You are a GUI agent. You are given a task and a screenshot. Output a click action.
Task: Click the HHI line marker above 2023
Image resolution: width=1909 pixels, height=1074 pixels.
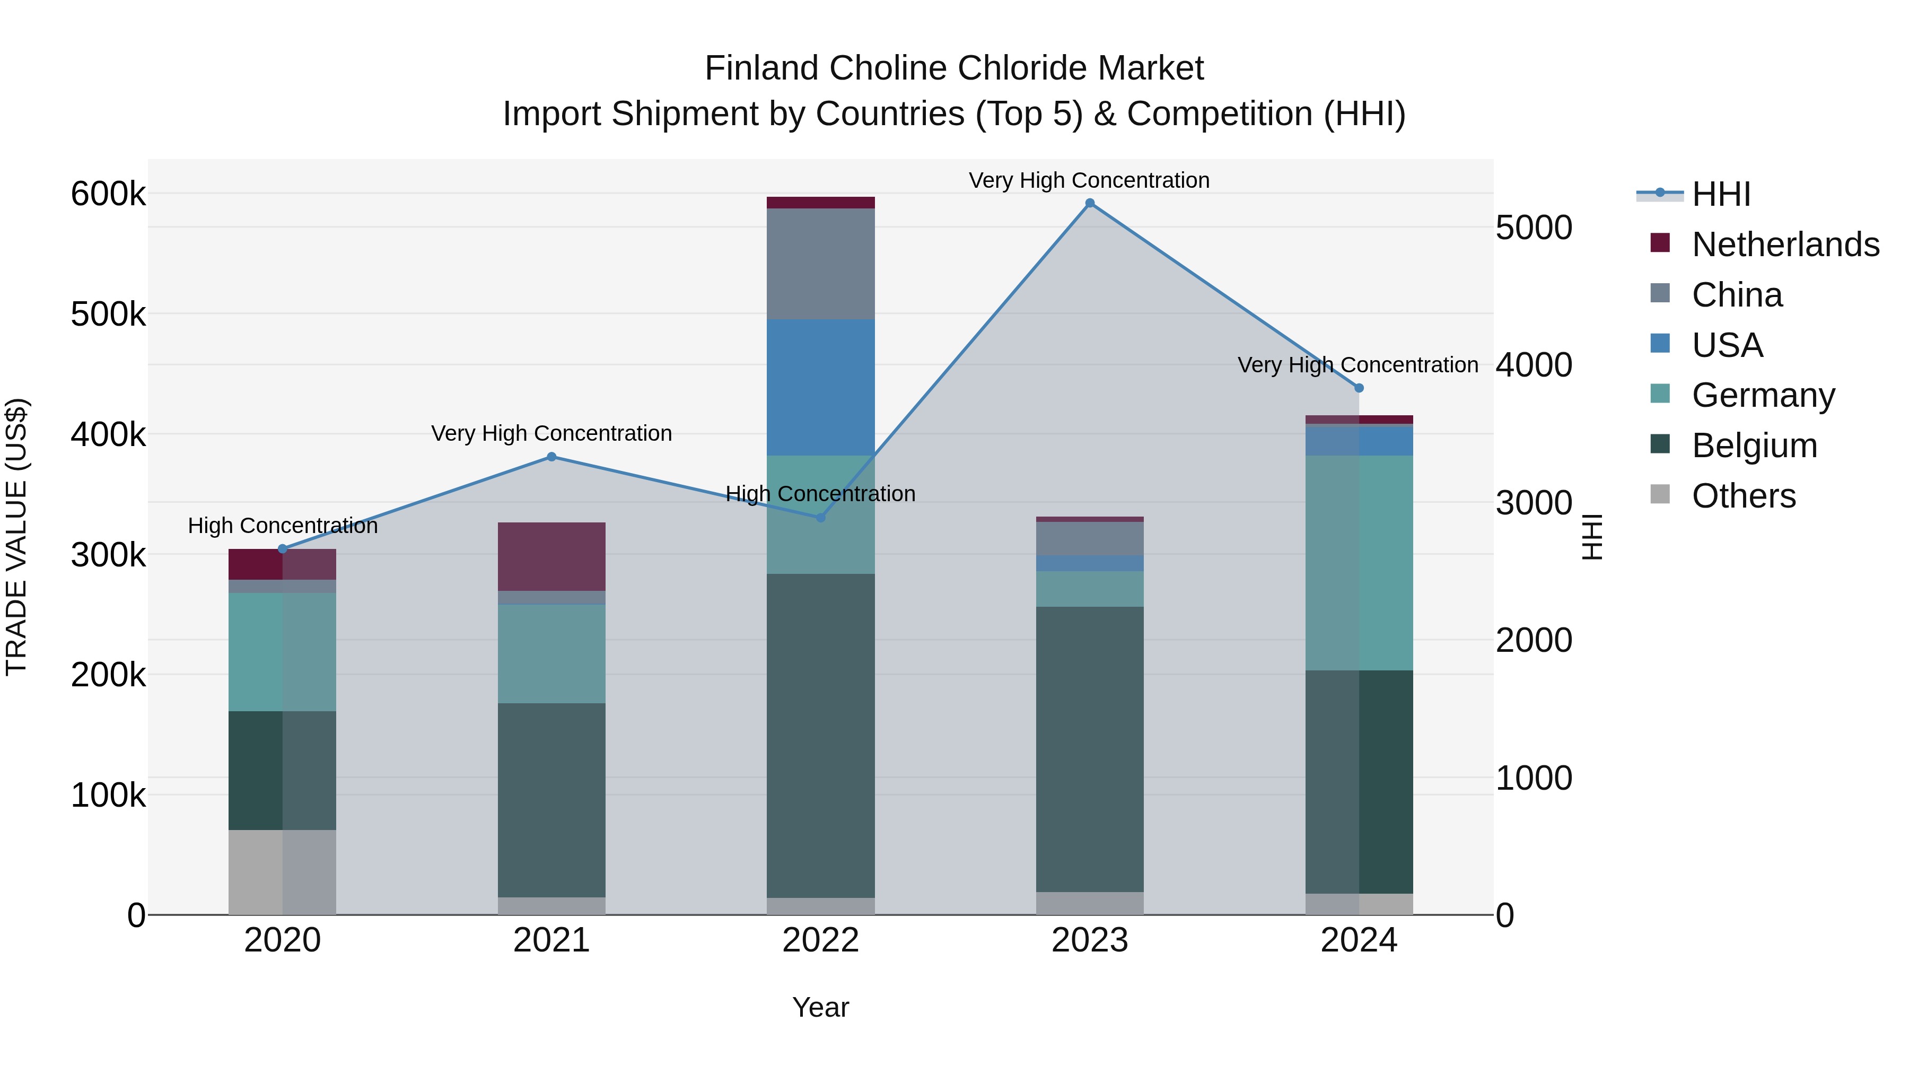[1089, 203]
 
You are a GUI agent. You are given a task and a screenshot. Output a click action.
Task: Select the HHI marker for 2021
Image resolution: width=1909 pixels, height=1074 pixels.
[551, 457]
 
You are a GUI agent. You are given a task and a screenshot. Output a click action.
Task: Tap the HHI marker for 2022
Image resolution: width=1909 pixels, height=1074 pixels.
[820, 517]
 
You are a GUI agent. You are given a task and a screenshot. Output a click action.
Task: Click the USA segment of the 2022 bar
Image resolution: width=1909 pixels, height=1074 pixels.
[820, 387]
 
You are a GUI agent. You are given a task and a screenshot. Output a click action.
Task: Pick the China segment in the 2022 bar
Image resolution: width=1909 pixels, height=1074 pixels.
[820, 264]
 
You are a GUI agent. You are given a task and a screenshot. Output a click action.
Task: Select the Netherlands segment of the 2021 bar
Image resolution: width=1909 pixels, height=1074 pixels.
[551, 556]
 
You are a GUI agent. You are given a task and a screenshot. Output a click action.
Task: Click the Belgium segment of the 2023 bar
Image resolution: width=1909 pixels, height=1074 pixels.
[1089, 748]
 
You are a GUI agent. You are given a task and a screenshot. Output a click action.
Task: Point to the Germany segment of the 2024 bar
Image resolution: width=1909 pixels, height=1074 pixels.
[1359, 563]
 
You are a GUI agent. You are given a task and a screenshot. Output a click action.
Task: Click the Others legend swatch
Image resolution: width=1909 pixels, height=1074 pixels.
[1660, 494]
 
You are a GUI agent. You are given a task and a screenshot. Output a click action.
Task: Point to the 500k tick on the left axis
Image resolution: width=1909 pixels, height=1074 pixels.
[108, 315]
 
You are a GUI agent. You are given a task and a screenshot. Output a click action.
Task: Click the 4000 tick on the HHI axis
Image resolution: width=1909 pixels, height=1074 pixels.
[1533, 365]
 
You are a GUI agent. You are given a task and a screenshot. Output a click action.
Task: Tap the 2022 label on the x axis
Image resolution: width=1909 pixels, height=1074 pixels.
[820, 940]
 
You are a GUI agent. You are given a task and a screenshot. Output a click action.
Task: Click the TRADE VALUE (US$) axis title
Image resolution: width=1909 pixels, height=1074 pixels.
[16, 537]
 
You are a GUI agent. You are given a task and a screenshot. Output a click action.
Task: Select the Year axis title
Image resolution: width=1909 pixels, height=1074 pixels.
[820, 1007]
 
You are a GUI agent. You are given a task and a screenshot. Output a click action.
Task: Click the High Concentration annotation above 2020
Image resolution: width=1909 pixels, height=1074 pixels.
[282, 526]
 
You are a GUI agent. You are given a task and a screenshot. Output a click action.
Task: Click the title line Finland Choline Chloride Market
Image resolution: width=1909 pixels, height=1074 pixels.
[954, 68]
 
